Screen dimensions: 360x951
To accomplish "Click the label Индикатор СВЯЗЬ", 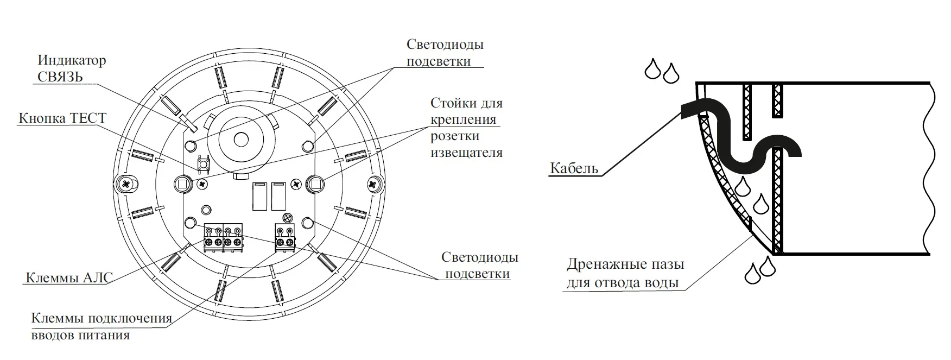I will (x=72, y=68).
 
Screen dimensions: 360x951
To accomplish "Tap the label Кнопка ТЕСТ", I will (x=62, y=118).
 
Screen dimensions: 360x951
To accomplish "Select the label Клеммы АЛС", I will (x=69, y=278).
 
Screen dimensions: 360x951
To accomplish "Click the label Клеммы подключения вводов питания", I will (x=102, y=326).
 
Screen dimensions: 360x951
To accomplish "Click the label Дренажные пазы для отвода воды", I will (x=625, y=274).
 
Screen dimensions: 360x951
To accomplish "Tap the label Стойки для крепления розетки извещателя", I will (x=466, y=128).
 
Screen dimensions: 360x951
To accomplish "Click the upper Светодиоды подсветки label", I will (x=445, y=53).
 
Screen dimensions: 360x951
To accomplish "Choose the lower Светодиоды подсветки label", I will (x=479, y=265).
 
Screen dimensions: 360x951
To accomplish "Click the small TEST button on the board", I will (x=204, y=162).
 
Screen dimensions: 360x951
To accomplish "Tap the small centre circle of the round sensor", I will (x=240, y=139).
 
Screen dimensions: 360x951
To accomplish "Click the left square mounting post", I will (x=182, y=184).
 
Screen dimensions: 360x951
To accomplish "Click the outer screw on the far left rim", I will (x=126, y=184).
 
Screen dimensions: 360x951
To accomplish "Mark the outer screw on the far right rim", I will (x=373, y=184).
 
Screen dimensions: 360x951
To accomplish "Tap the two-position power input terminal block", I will (x=285, y=237).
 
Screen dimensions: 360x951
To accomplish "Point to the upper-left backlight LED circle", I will (x=191, y=145).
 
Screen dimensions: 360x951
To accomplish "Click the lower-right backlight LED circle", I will (x=307, y=222).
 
